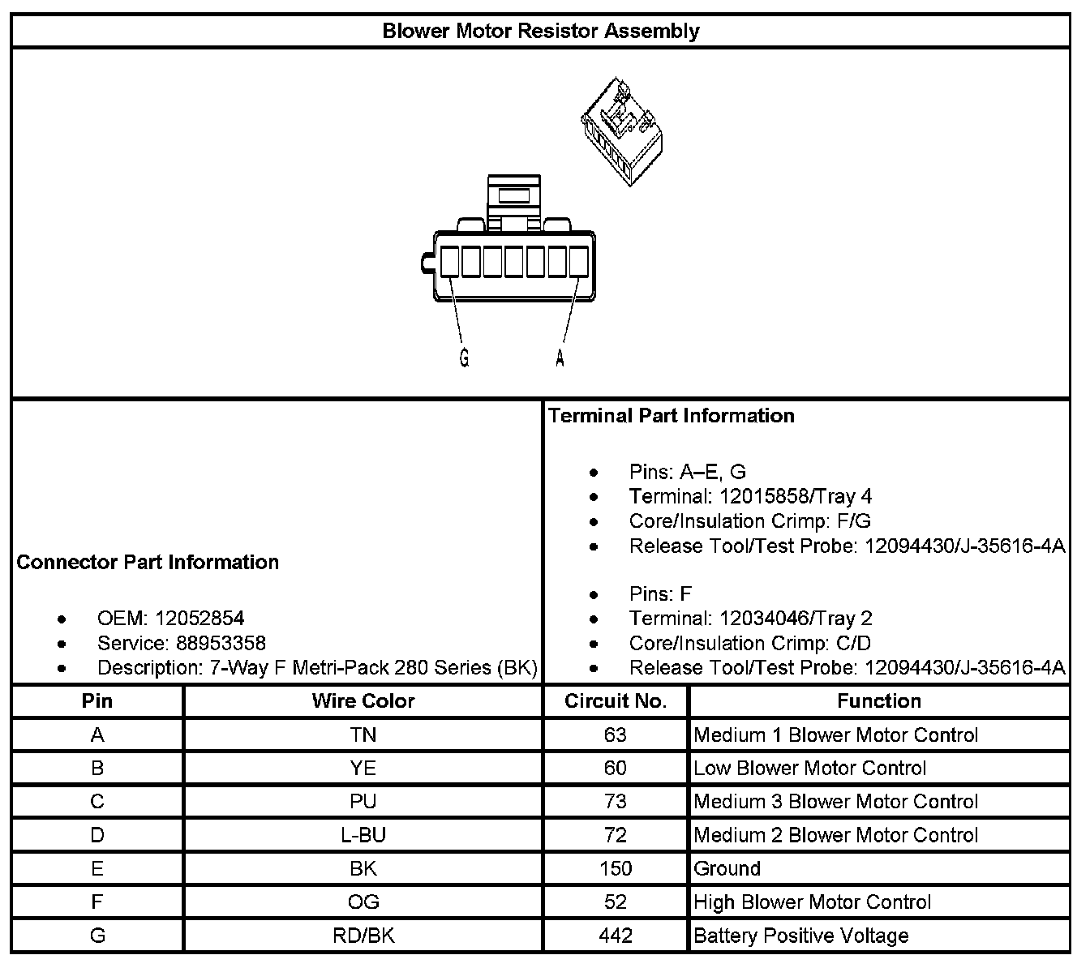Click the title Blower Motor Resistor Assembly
(540, 31)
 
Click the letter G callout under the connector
(464, 358)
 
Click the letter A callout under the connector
(560, 358)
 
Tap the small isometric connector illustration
(624, 133)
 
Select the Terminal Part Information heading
(671, 415)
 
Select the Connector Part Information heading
(148, 562)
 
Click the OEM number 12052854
(200, 619)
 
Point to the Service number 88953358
(221, 643)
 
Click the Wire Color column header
(363, 701)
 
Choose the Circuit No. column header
(616, 701)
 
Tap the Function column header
(879, 701)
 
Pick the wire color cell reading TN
(363, 735)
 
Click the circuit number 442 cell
(616, 936)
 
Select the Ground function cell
(727, 868)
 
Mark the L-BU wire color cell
(363, 835)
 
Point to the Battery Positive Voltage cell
(801, 936)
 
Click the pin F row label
(97, 902)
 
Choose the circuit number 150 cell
(616, 868)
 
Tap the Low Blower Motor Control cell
(809, 769)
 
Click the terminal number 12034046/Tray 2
(795, 619)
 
